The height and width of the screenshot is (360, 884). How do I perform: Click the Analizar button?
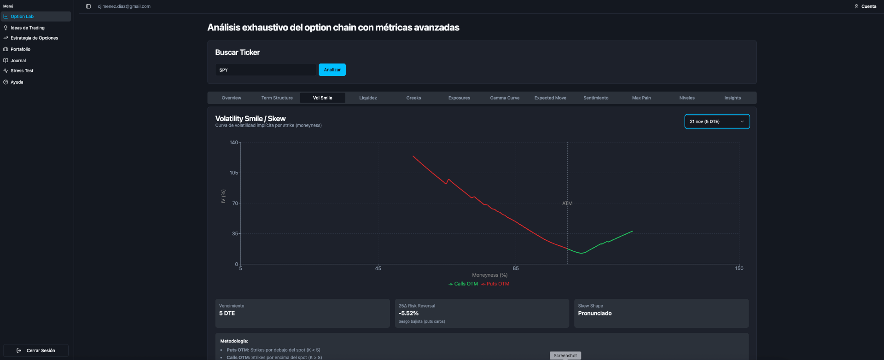[x=332, y=70]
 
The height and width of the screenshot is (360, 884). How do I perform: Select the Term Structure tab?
[x=277, y=98]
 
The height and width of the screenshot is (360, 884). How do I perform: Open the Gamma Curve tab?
[x=505, y=98]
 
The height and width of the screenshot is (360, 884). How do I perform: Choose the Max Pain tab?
[x=641, y=98]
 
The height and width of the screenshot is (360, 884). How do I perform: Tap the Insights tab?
[x=733, y=98]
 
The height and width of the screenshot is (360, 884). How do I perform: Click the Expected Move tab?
[x=550, y=98]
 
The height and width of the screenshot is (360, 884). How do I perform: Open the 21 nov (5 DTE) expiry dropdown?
[x=717, y=122]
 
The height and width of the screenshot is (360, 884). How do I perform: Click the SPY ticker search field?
[x=266, y=70]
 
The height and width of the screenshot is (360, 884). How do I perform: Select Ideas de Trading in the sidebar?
[x=28, y=28]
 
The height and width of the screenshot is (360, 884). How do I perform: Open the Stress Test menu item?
[x=22, y=71]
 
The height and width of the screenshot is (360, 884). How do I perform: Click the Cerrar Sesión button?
[x=36, y=350]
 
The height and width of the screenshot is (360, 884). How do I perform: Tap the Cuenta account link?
[x=866, y=6]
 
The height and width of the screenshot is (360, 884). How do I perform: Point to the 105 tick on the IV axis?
[x=234, y=173]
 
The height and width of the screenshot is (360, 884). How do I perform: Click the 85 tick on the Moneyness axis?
[x=516, y=268]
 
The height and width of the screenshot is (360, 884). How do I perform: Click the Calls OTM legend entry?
[x=463, y=284]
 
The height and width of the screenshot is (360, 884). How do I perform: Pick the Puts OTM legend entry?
[x=495, y=284]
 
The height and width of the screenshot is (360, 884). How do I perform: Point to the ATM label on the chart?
[x=567, y=203]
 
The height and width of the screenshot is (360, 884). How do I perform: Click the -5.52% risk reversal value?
[x=408, y=314]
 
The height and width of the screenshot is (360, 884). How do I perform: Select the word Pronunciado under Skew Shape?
[x=595, y=314]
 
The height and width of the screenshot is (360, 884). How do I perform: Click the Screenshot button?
[x=565, y=356]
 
